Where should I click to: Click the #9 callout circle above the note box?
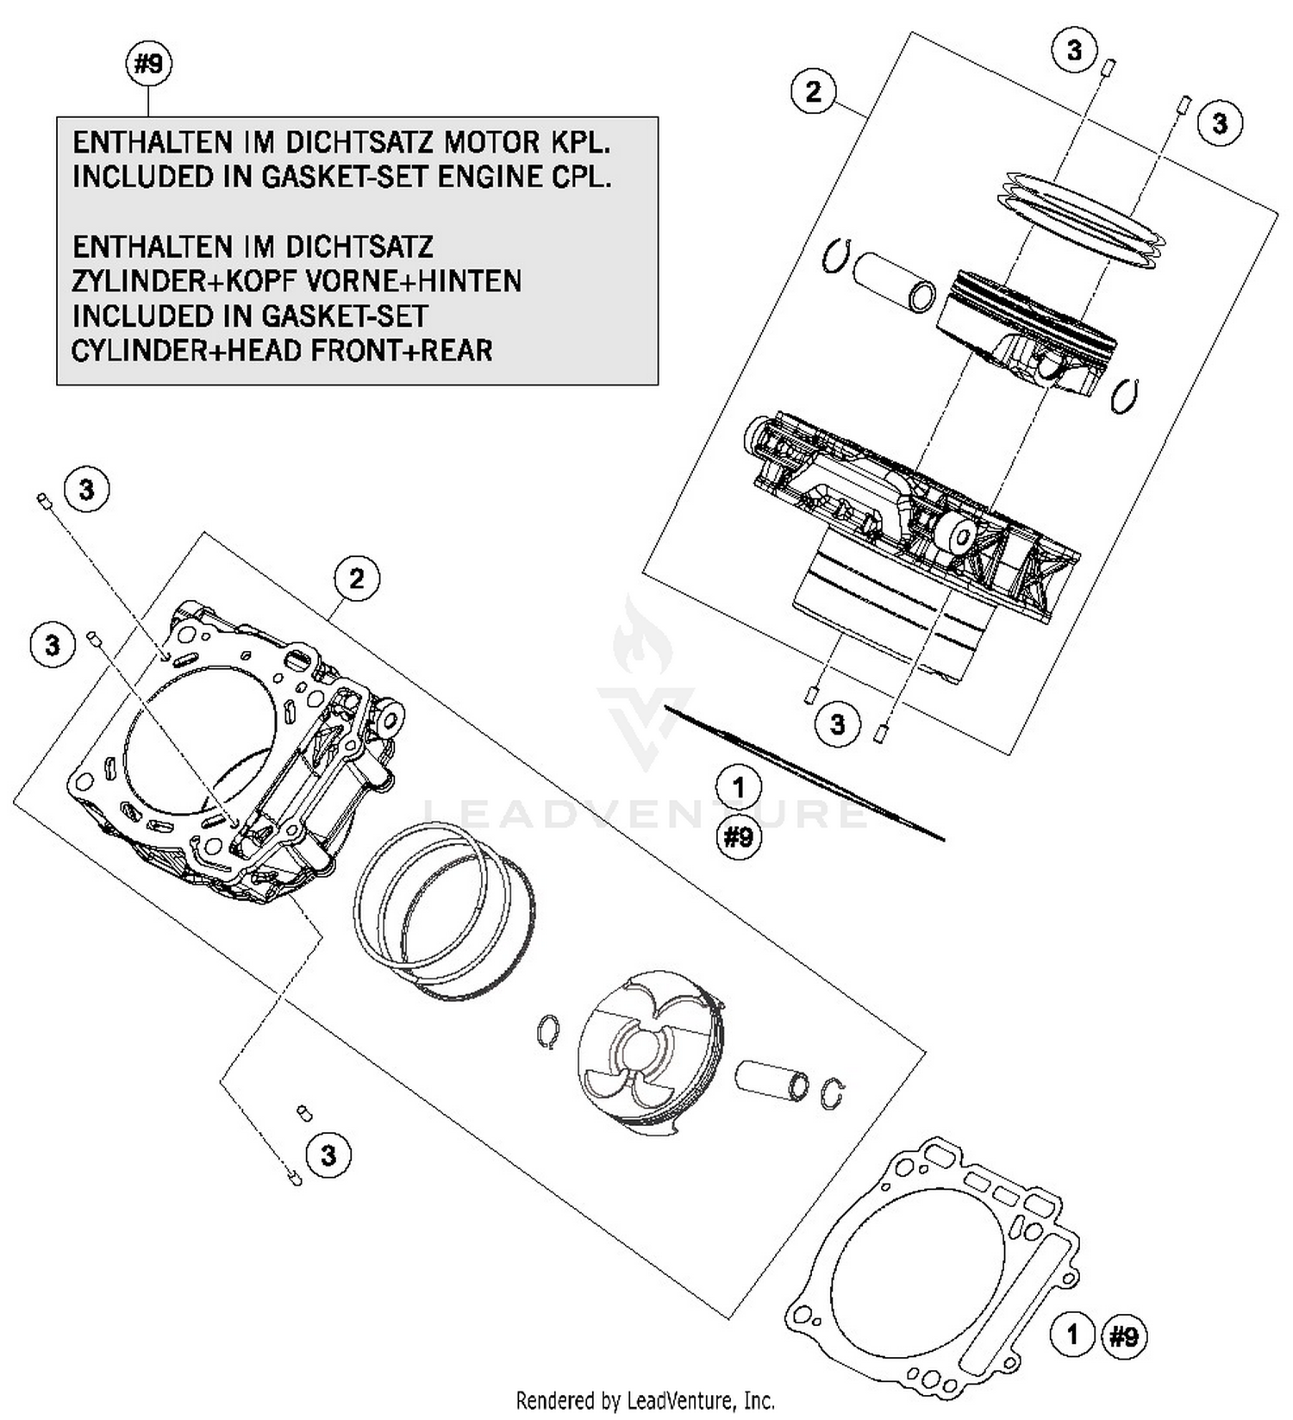coord(149,65)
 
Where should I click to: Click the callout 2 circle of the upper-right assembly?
coord(814,91)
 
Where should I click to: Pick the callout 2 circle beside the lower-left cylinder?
coord(357,579)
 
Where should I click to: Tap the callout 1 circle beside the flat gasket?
coord(1072,1336)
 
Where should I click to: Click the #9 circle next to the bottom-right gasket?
coord(1124,1336)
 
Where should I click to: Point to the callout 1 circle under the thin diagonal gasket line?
coord(738,786)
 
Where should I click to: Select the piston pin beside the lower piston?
coord(771,1081)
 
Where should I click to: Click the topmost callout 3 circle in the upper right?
coord(1074,50)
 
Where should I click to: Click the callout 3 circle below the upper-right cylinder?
coord(838,723)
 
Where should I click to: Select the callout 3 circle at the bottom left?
coord(328,1154)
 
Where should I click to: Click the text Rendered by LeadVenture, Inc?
coord(645,1399)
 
